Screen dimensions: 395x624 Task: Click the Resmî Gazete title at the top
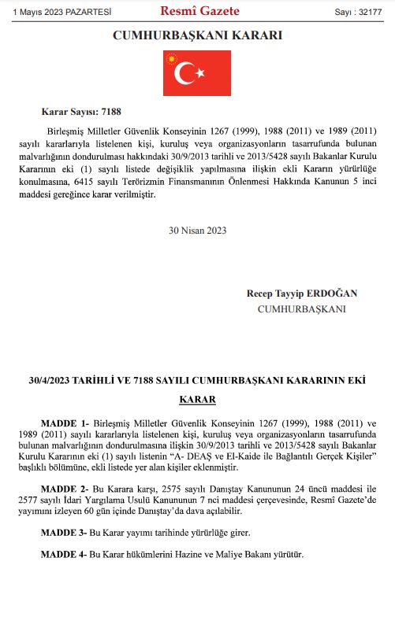point(199,11)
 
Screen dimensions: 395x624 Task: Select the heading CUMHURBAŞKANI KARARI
point(197,35)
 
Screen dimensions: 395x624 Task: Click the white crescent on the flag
point(187,74)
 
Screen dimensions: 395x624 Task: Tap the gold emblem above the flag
point(172,60)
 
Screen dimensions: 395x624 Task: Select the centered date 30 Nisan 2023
point(197,231)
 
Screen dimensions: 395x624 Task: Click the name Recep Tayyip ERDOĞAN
point(302,294)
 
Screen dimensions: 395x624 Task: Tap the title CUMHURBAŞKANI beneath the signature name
point(302,309)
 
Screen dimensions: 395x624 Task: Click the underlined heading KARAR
point(197,400)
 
